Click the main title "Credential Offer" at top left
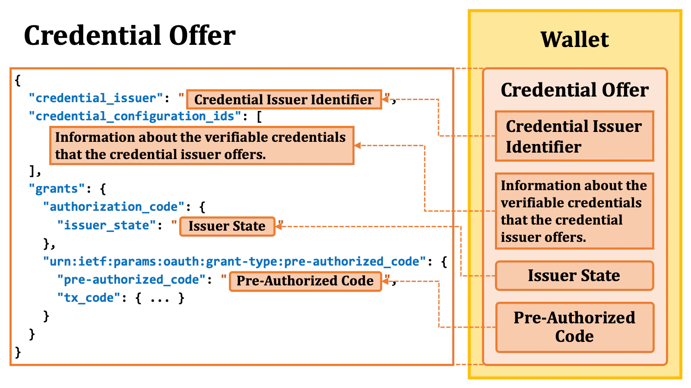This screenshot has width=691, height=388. [130, 35]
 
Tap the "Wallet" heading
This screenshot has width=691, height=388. [574, 40]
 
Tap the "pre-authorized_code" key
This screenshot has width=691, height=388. [131, 280]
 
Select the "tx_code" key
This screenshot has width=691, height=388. [89, 298]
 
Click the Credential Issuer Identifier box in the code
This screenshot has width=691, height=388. [284, 100]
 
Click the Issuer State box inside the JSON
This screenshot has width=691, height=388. [227, 226]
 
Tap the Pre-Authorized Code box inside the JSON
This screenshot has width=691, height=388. [305, 281]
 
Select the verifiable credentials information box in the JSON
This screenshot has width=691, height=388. [201, 146]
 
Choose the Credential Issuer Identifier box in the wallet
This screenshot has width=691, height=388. [574, 136]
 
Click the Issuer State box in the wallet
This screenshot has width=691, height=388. [574, 275]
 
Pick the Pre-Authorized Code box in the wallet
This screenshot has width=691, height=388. [574, 327]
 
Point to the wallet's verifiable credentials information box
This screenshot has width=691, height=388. [574, 211]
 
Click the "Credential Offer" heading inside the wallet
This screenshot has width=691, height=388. [574, 90]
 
